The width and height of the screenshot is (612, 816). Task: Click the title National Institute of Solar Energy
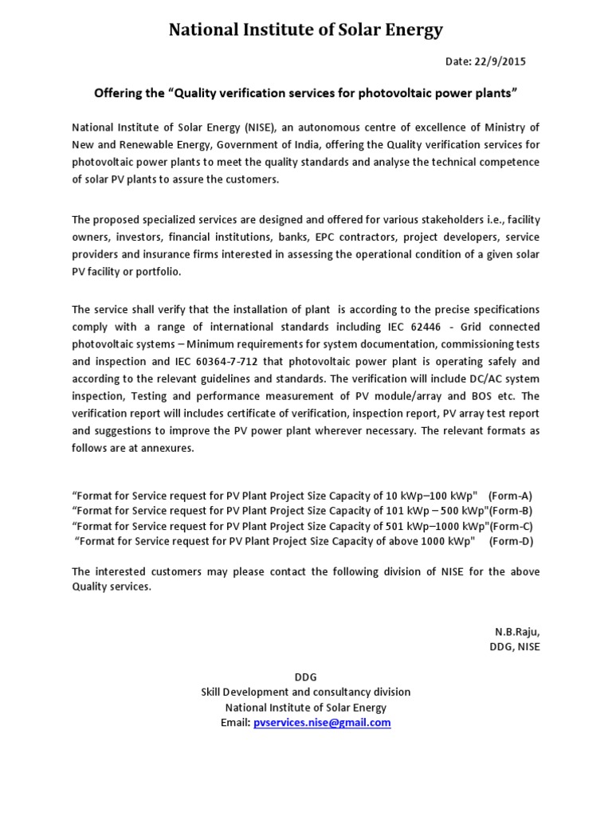pyautogui.click(x=306, y=30)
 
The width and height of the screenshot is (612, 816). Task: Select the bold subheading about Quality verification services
pyautogui.click(x=306, y=93)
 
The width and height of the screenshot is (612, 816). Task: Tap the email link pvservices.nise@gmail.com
pyautogui.click(x=322, y=722)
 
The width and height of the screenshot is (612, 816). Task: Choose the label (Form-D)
pyautogui.click(x=511, y=540)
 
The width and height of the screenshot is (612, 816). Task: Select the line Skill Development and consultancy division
pyautogui.click(x=306, y=692)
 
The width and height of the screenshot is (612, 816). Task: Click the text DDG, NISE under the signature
pyautogui.click(x=514, y=646)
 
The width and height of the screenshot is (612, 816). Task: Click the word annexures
pyautogui.click(x=168, y=448)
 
